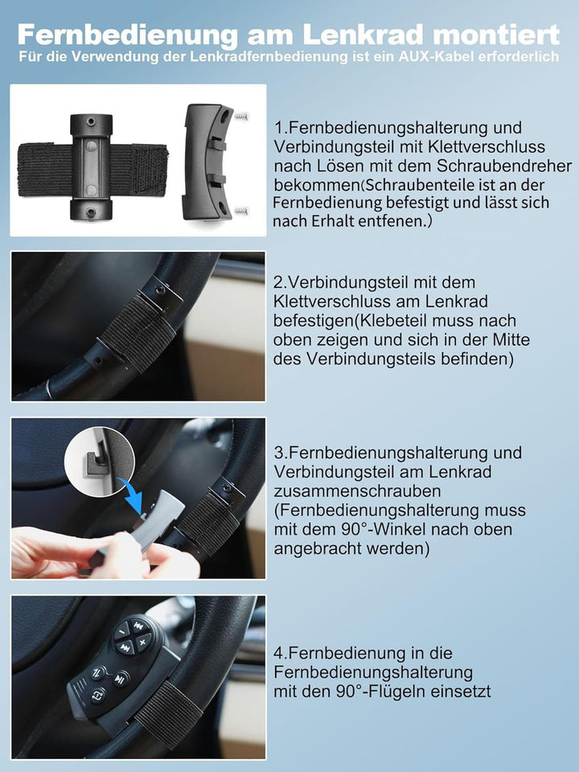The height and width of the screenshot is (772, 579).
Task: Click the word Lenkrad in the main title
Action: point(363,35)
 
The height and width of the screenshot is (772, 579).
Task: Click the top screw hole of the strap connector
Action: point(91,121)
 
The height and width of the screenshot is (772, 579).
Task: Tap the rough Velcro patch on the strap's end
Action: point(150,168)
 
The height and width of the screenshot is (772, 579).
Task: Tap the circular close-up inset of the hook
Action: point(100,461)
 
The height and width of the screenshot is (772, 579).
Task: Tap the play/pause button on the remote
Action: point(120,680)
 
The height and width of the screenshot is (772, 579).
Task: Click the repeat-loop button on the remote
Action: point(97,695)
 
